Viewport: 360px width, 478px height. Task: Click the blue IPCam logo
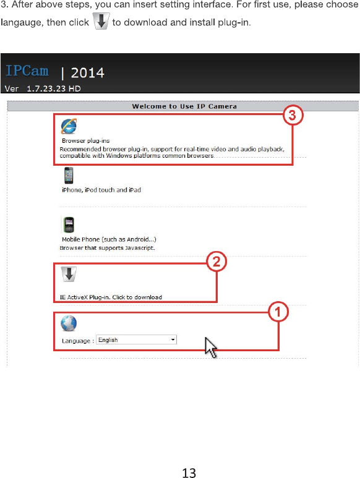[27, 70]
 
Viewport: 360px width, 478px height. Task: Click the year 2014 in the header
[87, 73]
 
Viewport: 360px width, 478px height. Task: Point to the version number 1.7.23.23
[46, 88]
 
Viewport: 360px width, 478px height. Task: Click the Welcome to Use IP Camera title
[184, 106]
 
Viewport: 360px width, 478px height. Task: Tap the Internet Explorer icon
[69, 126]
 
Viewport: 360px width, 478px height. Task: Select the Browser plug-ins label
[85, 141]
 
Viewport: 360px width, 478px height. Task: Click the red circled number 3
[293, 115]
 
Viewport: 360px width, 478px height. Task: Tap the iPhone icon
[69, 175]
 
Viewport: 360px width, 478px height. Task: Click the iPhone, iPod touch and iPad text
[101, 190]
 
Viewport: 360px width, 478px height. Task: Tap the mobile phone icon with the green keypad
[69, 224]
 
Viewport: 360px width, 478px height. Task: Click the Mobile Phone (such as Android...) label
[109, 239]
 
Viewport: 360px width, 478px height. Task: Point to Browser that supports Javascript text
[107, 248]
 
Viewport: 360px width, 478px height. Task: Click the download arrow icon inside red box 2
[69, 274]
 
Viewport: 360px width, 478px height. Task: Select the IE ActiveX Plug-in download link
[111, 297]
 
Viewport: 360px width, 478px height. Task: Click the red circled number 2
[216, 262]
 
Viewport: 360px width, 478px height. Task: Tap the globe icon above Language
[69, 323]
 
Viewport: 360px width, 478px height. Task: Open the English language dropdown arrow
[173, 339]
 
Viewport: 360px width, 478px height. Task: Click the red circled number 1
[278, 312]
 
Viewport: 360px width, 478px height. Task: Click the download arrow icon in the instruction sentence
[101, 22]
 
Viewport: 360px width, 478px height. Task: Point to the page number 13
[189, 473]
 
